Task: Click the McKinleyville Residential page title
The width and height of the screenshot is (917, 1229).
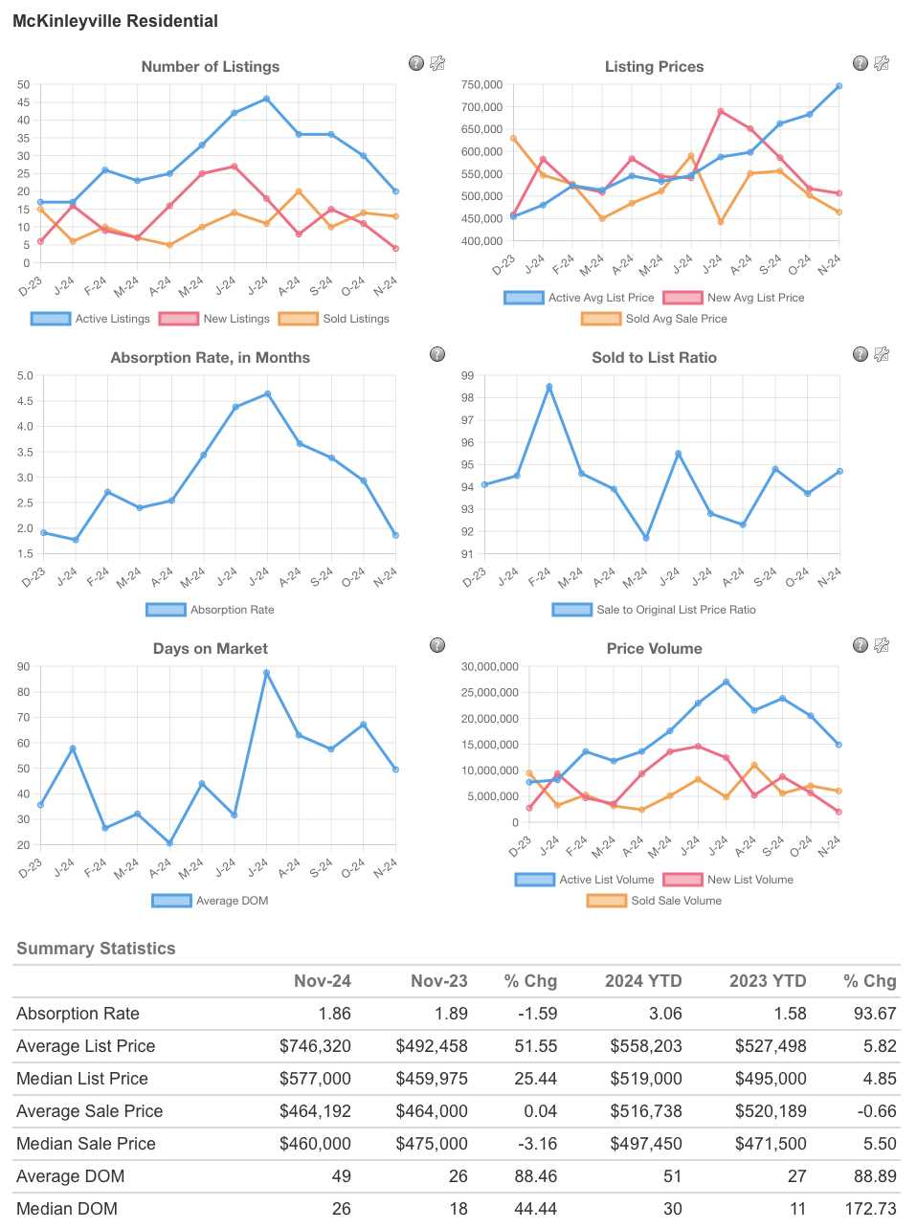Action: coord(115,21)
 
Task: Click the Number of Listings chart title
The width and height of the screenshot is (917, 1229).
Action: coord(211,67)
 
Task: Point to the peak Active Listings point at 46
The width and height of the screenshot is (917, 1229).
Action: coord(266,99)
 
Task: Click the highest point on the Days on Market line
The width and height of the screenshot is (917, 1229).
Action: coord(266,673)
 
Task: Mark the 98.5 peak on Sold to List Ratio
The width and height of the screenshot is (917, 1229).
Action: coord(549,387)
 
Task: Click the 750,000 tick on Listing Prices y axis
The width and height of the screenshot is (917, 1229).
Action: coord(481,84)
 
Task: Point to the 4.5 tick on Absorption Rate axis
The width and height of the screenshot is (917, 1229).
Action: coord(25,401)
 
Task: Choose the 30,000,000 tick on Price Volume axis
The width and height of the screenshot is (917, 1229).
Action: coord(490,667)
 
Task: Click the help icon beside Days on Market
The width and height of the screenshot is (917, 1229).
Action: coord(437,645)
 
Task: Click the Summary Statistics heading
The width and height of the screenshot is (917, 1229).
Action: coord(96,949)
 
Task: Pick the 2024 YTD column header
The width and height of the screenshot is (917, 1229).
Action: coord(643,981)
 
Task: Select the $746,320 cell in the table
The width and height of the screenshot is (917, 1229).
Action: coord(315,1046)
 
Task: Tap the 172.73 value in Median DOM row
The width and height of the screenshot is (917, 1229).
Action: coord(870,1209)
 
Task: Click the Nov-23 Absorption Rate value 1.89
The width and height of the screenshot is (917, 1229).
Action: coord(450,1014)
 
